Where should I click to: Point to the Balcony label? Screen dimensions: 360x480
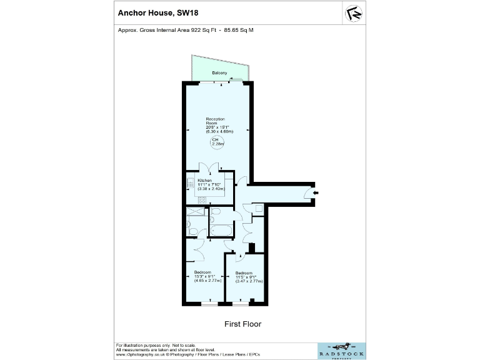219,74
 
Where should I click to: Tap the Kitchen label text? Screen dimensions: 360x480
204,180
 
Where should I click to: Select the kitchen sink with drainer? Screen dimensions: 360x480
190,184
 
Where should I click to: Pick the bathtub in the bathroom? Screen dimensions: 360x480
221,230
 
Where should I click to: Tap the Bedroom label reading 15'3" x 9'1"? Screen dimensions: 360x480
204,276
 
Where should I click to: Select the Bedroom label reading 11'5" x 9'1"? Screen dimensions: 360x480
246,277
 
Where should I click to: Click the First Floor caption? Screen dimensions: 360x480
242,324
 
